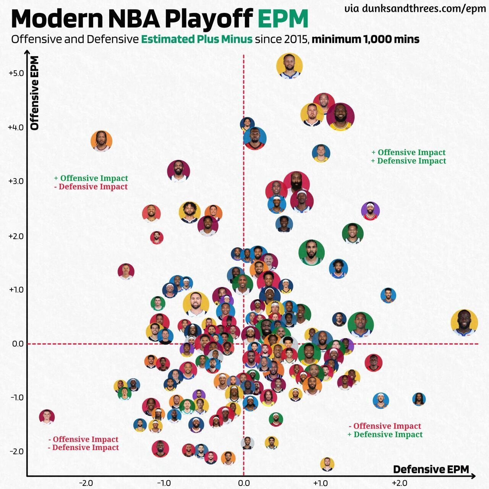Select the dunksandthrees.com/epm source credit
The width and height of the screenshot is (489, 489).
click(x=424, y=9)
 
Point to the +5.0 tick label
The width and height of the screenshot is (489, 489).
click(x=16, y=73)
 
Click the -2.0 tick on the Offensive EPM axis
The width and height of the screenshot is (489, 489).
click(x=16, y=452)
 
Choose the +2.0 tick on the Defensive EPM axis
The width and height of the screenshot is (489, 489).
click(x=399, y=483)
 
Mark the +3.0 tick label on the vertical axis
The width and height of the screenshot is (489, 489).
click(x=16, y=181)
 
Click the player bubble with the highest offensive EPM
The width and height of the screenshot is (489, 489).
click(x=289, y=66)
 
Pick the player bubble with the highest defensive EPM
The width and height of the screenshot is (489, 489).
click(x=464, y=323)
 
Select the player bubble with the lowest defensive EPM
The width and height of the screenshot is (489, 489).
click(x=47, y=417)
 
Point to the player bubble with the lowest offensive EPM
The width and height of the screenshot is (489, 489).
click(x=327, y=464)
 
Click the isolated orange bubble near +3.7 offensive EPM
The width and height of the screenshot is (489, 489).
click(x=102, y=141)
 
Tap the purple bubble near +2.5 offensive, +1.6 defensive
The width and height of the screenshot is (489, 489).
click(x=370, y=211)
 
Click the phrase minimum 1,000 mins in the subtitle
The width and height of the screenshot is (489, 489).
click(x=366, y=39)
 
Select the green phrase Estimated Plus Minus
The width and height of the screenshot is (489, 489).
click(x=197, y=39)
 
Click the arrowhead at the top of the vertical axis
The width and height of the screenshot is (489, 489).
click(x=27, y=52)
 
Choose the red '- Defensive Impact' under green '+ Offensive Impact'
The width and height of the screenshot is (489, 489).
click(x=91, y=187)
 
